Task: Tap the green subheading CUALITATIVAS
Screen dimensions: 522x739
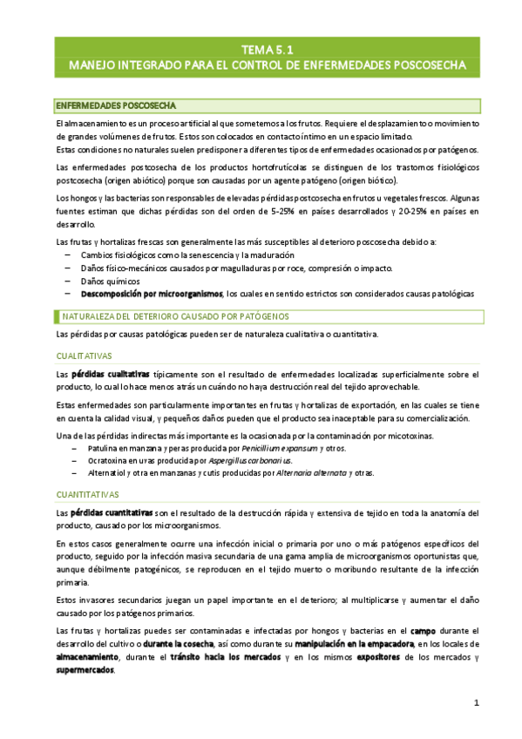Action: pos(84,356)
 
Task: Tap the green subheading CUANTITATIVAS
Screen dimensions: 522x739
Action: pos(87,493)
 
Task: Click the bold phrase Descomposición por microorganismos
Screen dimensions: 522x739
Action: pos(152,295)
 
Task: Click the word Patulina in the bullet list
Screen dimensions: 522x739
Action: pos(97,448)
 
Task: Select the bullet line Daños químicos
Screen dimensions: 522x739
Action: pos(108,281)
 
